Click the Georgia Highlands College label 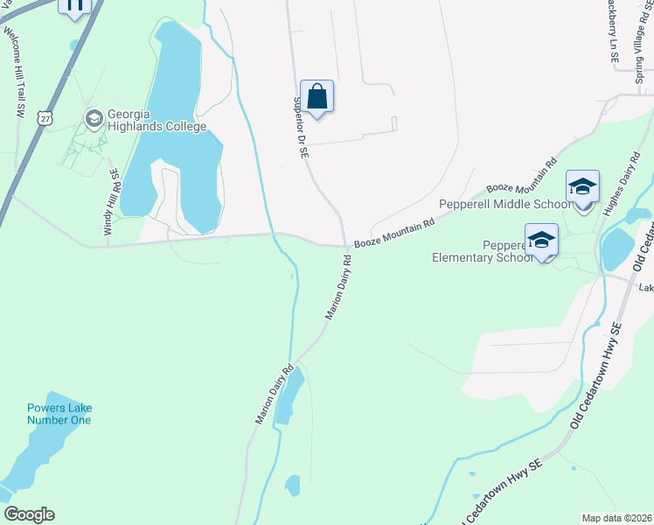click(x=156, y=121)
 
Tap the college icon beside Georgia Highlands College click(x=93, y=116)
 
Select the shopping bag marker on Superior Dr click(x=317, y=96)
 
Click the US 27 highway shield click(x=45, y=116)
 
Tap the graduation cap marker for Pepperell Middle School click(x=582, y=187)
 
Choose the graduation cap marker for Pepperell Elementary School click(x=541, y=241)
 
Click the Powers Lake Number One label click(x=59, y=414)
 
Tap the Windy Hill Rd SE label click(x=112, y=202)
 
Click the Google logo click(x=29, y=514)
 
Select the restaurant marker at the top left click(x=74, y=7)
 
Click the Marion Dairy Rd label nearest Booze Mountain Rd click(x=337, y=287)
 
